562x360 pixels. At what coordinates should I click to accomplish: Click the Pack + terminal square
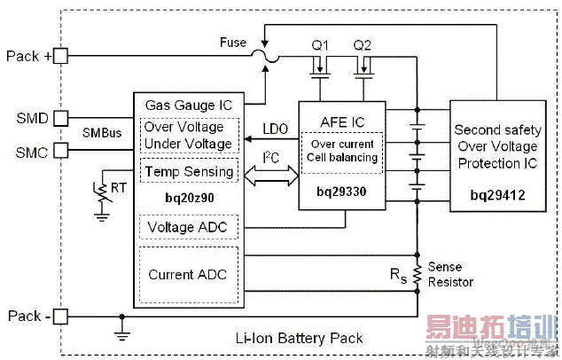tap(61, 55)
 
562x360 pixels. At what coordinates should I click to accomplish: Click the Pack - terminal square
tap(61, 315)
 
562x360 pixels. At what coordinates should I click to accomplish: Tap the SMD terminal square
tap(61, 118)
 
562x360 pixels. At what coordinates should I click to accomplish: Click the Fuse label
tap(233, 43)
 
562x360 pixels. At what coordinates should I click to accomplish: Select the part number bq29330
tap(340, 191)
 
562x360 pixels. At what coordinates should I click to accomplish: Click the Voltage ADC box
tap(187, 228)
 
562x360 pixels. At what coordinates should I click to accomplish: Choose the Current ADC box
tap(187, 274)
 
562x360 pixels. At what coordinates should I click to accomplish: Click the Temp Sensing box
tap(189, 171)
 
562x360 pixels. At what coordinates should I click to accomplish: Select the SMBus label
tap(100, 132)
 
